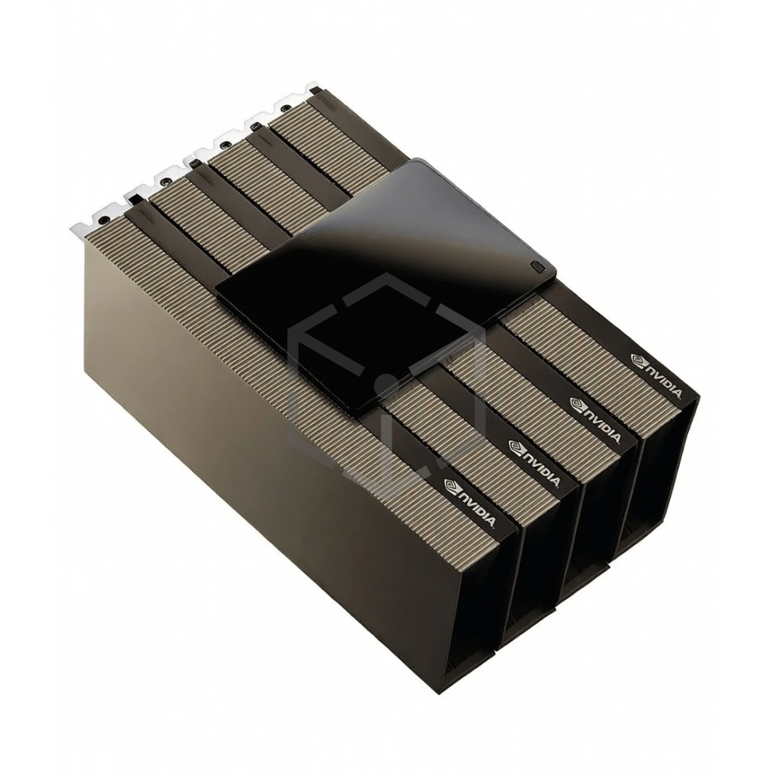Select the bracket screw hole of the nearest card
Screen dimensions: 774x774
[x=102, y=221]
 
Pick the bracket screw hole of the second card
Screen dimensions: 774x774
[x=165, y=179]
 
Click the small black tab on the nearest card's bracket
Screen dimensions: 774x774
[x=136, y=200]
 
